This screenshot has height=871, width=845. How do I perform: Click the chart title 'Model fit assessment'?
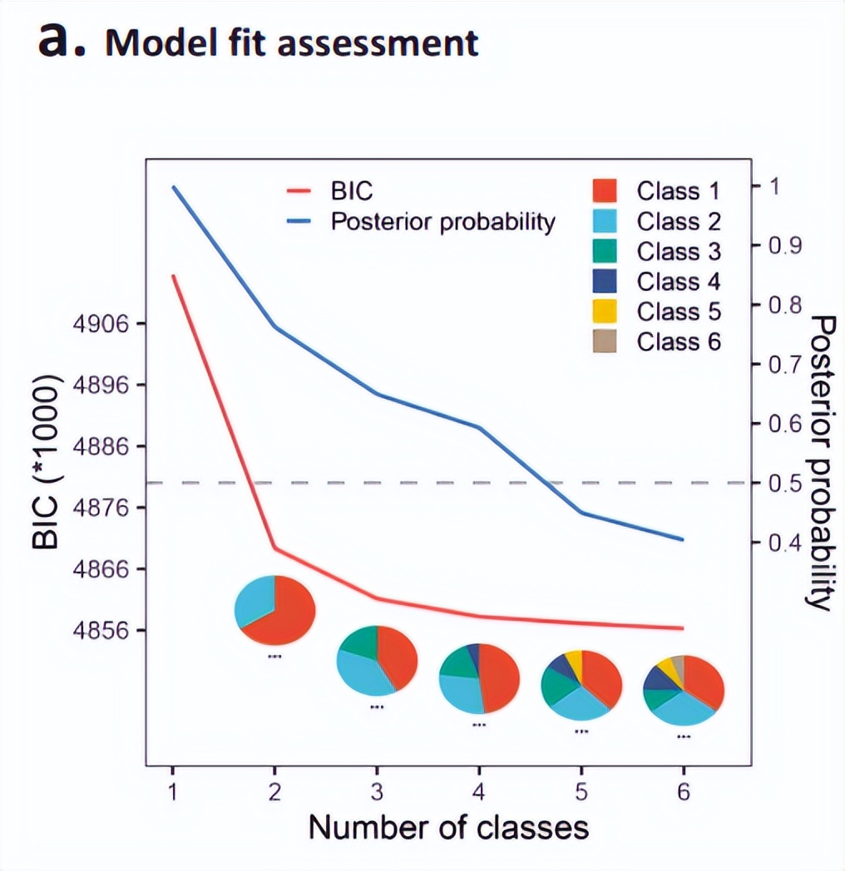[x=291, y=43]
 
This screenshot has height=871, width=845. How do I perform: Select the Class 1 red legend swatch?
[x=605, y=191]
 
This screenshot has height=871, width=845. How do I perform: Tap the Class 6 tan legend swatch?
[x=605, y=341]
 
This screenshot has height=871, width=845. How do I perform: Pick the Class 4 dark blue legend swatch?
[x=605, y=281]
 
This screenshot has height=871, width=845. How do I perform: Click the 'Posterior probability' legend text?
[x=442, y=222]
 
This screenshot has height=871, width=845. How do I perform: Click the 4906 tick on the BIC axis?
[x=101, y=324]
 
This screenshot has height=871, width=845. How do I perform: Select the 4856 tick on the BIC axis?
[x=101, y=630]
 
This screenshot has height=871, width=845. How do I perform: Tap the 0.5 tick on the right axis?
[x=781, y=483]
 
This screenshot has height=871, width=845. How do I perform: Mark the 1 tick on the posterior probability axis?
[x=773, y=186]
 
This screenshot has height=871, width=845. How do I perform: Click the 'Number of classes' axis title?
[x=449, y=828]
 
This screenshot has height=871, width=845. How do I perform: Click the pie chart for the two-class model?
[x=275, y=611]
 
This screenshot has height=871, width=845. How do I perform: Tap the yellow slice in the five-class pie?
[x=573, y=662]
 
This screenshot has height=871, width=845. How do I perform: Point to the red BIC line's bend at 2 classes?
[x=275, y=549]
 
